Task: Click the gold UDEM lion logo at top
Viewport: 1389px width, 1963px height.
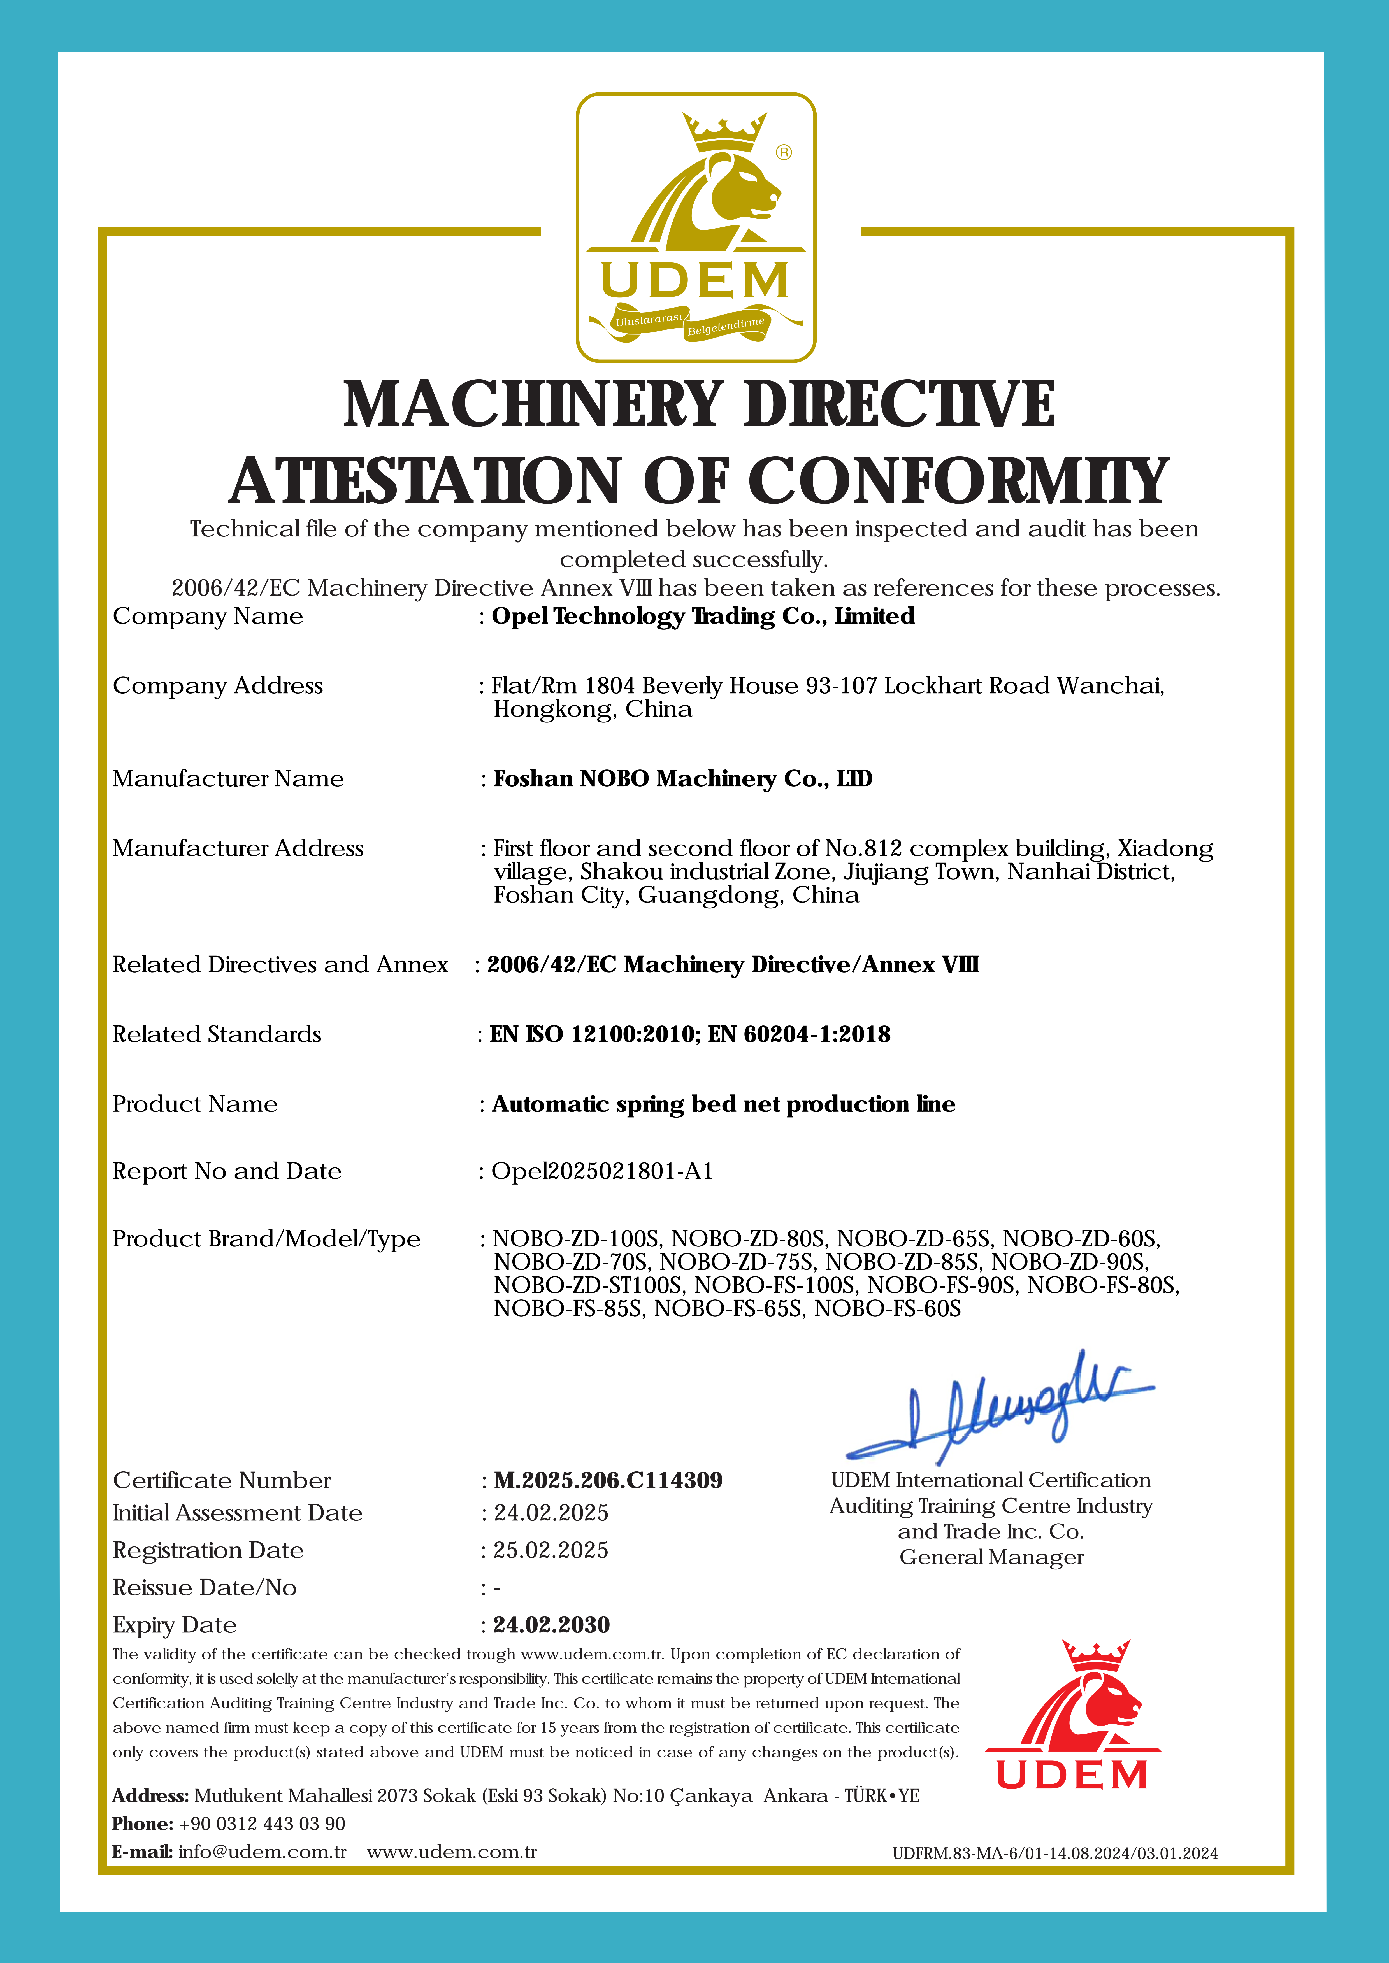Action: pos(695,227)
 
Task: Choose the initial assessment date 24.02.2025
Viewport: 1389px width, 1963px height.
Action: pos(551,1512)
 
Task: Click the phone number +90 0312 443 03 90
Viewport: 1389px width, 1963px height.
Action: pos(262,1824)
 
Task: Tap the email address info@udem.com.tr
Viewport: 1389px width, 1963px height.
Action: pos(262,1852)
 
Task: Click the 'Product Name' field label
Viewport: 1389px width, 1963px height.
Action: pos(195,1104)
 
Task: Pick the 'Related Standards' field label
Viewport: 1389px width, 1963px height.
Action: pos(216,1034)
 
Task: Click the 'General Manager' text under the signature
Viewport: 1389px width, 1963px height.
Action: pos(991,1557)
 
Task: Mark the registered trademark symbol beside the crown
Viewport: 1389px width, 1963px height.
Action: pos(784,152)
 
